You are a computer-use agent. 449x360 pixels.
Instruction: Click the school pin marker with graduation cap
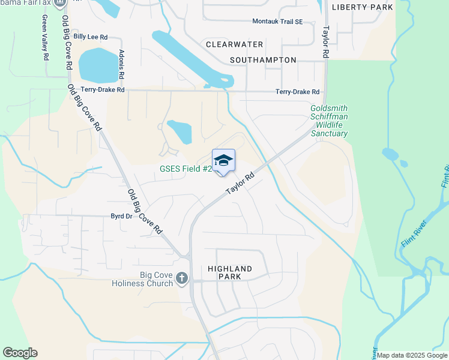[223, 161]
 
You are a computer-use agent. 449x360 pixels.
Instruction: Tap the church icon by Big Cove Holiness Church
[182, 278]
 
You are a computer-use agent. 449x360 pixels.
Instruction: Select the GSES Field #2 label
[185, 169]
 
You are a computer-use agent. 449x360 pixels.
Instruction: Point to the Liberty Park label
[363, 7]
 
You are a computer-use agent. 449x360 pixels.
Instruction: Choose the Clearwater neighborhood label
[234, 44]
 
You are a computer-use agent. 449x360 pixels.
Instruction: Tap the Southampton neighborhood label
[263, 60]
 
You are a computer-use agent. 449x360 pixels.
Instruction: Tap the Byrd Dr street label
[121, 216]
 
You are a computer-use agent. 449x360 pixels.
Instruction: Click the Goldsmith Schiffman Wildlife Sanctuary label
[329, 121]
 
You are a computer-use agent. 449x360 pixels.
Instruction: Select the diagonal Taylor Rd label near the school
[240, 184]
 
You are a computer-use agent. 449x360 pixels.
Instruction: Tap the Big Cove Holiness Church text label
[148, 279]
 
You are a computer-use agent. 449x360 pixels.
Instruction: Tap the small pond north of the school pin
[179, 131]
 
